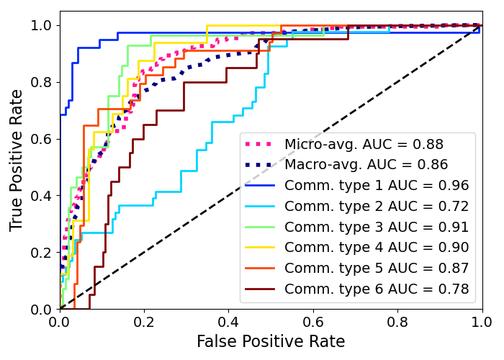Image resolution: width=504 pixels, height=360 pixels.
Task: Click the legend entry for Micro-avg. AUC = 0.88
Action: click(x=364, y=144)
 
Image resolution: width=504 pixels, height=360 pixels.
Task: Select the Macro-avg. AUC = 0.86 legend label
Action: click(x=366, y=165)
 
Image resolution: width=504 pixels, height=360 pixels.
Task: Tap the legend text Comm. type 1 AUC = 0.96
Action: click(x=377, y=186)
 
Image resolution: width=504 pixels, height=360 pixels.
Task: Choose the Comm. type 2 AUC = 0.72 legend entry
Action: click(x=377, y=207)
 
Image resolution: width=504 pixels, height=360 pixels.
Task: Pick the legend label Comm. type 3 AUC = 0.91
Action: click(x=377, y=227)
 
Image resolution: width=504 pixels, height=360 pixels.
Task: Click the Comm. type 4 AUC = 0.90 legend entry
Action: click(x=377, y=248)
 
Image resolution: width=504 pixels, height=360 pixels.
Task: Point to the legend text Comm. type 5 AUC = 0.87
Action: click(x=377, y=269)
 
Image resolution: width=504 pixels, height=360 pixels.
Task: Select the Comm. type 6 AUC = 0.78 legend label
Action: click(x=377, y=289)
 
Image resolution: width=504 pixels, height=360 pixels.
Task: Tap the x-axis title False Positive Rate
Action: click(x=271, y=341)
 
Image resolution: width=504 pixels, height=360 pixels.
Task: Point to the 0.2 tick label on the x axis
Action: click(x=144, y=320)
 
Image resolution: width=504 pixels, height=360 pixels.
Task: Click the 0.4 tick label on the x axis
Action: click(x=228, y=320)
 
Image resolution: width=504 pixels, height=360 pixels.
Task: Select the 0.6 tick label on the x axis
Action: click(x=313, y=320)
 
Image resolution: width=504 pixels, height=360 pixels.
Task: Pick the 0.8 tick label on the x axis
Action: click(x=397, y=320)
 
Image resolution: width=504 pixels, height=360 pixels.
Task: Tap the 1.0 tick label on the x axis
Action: click(x=482, y=320)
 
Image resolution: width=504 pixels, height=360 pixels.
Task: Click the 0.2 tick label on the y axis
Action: click(x=42, y=252)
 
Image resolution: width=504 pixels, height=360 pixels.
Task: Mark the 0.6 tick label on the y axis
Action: click(x=42, y=139)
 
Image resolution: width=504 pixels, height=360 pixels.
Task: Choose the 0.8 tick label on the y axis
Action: click(x=42, y=82)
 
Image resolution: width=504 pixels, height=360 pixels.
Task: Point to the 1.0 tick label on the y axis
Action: click(x=42, y=25)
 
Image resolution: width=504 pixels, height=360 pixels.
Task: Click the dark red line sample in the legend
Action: click(x=261, y=289)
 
